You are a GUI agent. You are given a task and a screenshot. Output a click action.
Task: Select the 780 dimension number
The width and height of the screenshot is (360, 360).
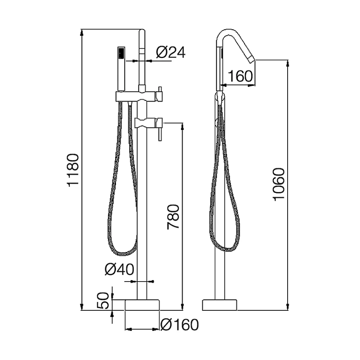click(173, 217)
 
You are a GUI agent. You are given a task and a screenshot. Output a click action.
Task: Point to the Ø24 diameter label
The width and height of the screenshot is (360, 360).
click(171, 53)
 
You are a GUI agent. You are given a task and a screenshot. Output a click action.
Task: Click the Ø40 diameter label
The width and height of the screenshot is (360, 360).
click(119, 269)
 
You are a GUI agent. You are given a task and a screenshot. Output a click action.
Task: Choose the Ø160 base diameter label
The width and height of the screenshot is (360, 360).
click(180, 325)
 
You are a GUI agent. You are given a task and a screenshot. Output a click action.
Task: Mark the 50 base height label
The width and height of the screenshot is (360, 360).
click(103, 301)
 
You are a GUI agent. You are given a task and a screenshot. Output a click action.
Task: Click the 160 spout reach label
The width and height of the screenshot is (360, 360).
click(240, 76)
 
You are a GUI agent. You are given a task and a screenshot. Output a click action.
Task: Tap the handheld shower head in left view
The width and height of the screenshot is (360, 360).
click(121, 69)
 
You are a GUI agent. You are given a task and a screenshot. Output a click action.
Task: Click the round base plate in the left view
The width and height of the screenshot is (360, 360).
click(142, 305)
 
